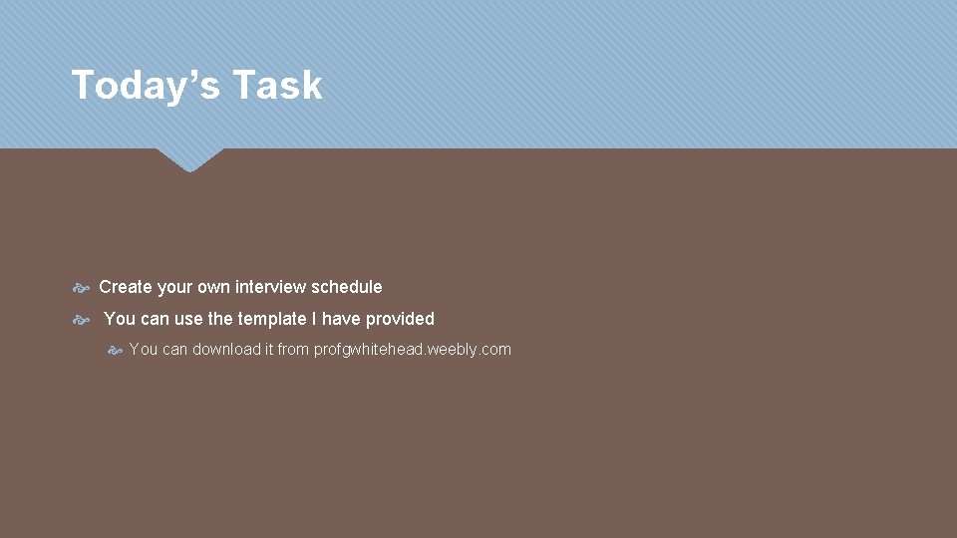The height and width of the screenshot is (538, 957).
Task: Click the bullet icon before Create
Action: tap(82, 288)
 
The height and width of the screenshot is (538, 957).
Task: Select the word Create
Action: tap(126, 287)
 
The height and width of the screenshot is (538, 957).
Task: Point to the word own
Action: tap(213, 287)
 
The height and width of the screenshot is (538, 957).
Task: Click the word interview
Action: tap(270, 287)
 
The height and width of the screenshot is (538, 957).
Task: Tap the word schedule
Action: tap(346, 287)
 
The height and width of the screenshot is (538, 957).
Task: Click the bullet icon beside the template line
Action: tap(82, 320)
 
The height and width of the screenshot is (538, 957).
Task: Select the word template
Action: tap(271, 319)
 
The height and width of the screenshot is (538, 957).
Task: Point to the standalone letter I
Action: tap(315, 319)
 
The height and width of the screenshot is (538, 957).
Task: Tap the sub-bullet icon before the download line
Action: tap(115, 350)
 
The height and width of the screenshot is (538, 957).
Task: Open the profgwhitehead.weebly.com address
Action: tap(412, 349)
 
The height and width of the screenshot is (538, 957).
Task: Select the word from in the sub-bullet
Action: tap(293, 349)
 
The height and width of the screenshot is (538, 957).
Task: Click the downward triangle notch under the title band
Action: tap(189, 159)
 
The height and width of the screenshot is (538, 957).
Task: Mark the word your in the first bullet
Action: tap(174, 287)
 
